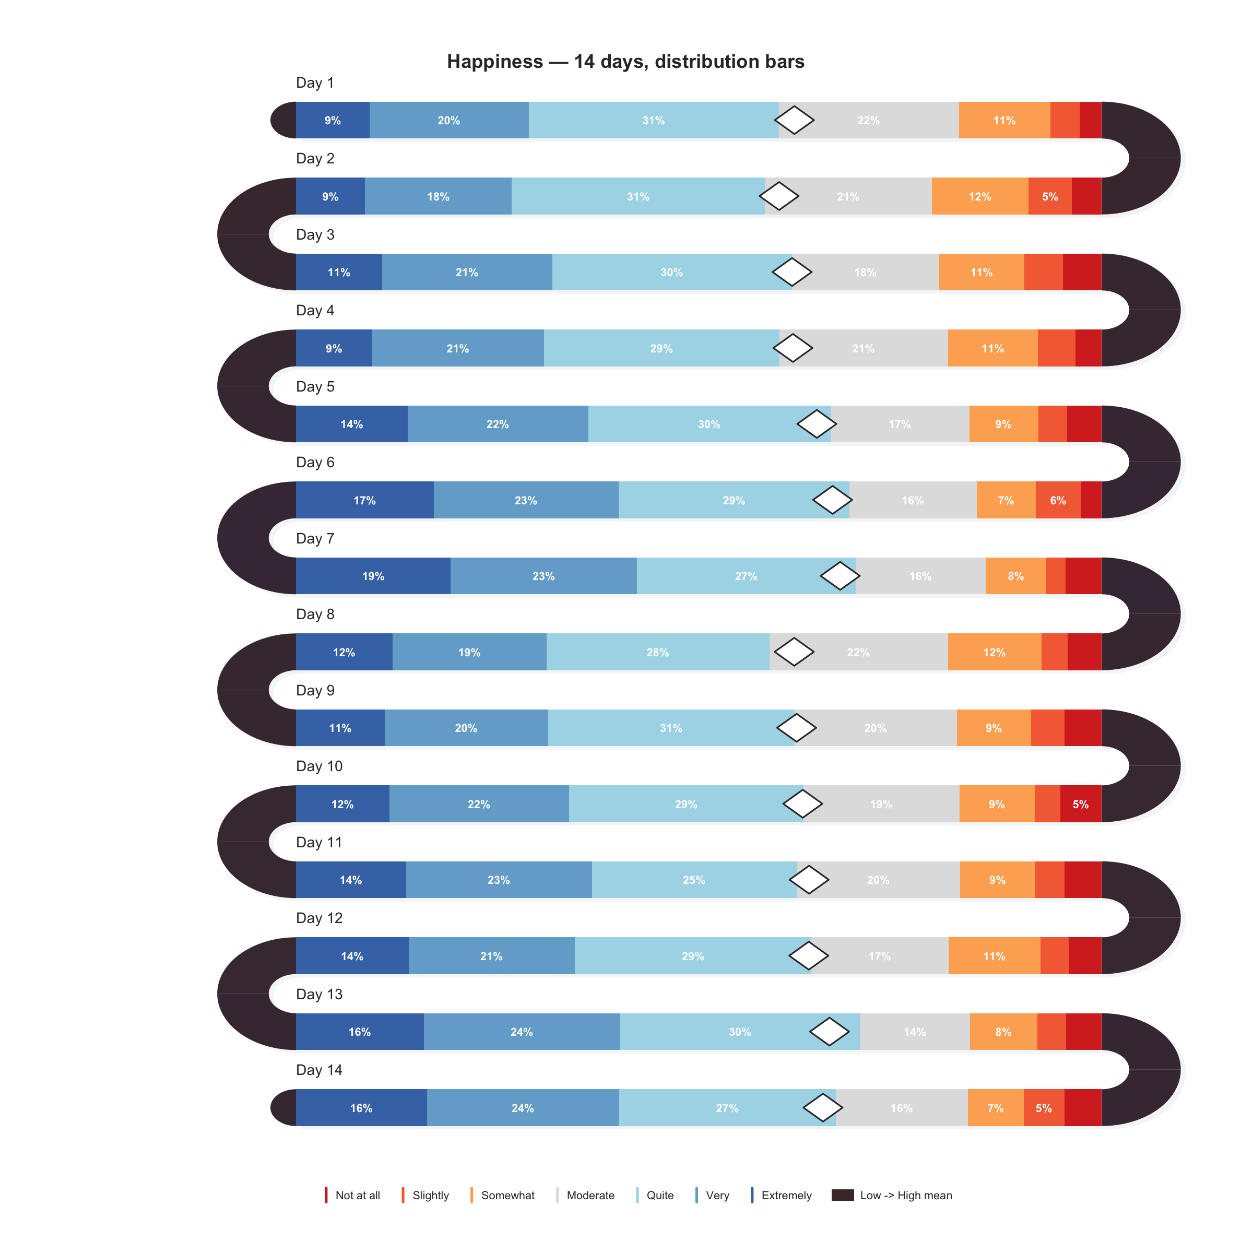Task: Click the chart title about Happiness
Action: click(625, 62)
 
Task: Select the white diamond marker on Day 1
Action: click(795, 120)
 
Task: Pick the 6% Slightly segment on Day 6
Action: click(1058, 500)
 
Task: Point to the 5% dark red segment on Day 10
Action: click(1081, 804)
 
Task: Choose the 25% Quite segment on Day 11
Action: click(693, 880)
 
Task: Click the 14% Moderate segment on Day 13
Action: click(915, 1032)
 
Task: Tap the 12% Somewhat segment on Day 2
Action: click(979, 196)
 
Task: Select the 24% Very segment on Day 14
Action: click(522, 1108)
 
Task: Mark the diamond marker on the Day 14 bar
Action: click(823, 1108)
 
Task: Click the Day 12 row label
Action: click(318, 918)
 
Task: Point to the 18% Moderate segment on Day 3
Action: click(865, 273)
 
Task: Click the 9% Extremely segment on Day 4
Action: click(334, 348)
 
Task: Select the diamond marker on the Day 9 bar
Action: click(796, 728)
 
